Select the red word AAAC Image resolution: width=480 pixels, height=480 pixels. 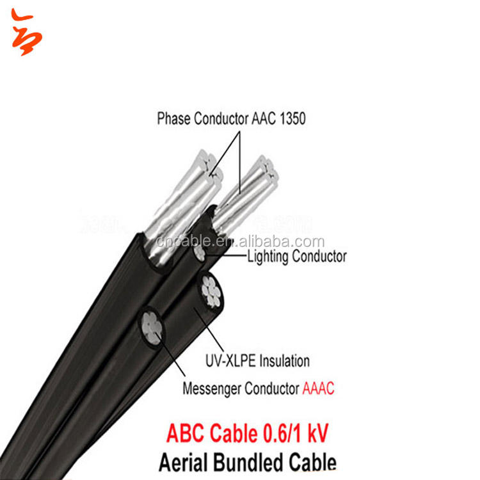click(x=319, y=388)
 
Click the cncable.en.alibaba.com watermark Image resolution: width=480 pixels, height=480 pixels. click(x=240, y=242)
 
